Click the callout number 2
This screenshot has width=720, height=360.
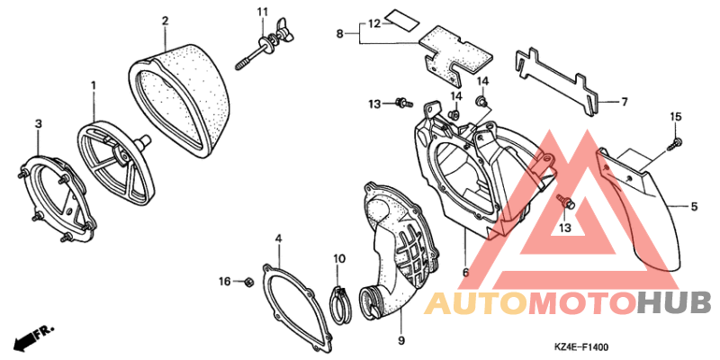pyautogui.click(x=165, y=21)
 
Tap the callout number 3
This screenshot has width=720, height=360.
pyautogui.click(x=39, y=123)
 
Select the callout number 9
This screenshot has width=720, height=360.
pyautogui.click(x=400, y=341)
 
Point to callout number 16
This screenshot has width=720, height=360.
pyautogui.click(x=224, y=282)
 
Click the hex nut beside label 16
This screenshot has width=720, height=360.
pyautogui.click(x=247, y=281)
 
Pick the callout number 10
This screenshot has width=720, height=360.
pyautogui.click(x=339, y=259)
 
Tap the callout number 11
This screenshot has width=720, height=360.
pyautogui.click(x=262, y=12)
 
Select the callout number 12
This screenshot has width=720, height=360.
pyautogui.click(x=375, y=23)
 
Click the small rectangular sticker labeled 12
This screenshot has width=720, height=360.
pyautogui.click(x=401, y=18)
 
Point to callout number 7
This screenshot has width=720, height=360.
pyautogui.click(x=624, y=102)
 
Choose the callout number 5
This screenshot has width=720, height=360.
pyautogui.click(x=693, y=207)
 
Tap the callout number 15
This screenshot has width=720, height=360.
pyautogui.click(x=676, y=117)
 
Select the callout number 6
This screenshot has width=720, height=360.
pyautogui.click(x=465, y=273)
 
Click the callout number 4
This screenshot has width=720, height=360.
pyautogui.click(x=278, y=238)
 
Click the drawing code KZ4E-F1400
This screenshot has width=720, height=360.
pyautogui.click(x=583, y=348)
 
